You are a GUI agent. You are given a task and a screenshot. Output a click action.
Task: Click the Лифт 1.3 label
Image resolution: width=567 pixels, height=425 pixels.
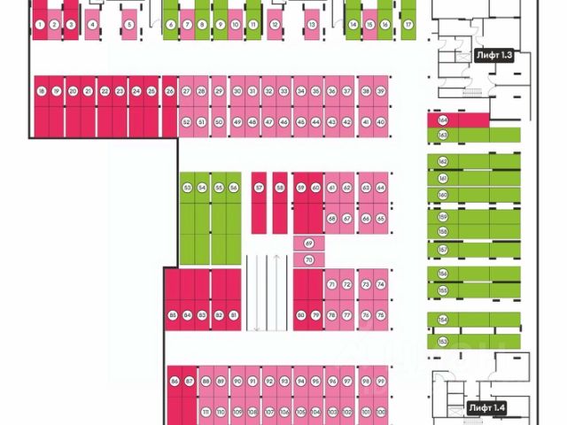494,55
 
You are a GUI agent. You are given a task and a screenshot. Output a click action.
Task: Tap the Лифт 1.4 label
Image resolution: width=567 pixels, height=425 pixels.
487,408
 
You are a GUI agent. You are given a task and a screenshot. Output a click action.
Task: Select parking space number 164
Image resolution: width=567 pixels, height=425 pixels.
443,120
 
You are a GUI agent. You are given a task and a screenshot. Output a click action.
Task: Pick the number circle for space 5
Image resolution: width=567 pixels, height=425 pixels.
129,25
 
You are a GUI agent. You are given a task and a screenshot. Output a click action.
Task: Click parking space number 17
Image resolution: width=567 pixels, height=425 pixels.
408,25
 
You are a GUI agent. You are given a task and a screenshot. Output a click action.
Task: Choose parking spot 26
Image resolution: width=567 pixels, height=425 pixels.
169,91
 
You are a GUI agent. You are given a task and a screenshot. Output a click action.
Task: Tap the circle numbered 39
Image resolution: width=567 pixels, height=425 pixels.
380,91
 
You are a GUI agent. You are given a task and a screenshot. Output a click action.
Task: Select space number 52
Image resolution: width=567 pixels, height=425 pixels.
187,121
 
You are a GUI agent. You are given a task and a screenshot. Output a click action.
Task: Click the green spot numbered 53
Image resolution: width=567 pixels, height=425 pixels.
188,188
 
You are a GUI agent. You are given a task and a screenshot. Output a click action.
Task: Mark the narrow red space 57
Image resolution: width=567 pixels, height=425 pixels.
259,188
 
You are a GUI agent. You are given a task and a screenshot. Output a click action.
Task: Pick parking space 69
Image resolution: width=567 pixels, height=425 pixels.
309,243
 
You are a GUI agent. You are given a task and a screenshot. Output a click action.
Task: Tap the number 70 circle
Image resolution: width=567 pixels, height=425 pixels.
309,259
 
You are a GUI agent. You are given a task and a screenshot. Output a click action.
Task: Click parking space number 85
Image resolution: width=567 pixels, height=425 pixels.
172,315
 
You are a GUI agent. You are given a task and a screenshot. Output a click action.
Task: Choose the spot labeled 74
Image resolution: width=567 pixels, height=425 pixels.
380,284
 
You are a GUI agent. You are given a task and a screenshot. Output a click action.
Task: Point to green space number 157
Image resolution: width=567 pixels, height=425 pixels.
443,251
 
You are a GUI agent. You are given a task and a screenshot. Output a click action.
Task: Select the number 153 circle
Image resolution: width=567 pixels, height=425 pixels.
443,340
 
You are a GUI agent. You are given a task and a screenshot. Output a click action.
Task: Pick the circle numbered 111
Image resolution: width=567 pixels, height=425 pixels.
206,412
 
